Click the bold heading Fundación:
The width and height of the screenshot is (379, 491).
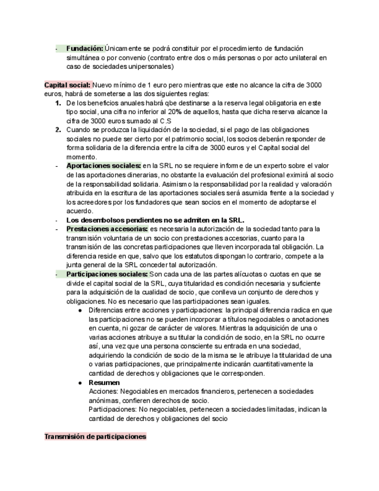[84, 49]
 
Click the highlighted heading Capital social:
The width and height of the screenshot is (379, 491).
[67, 85]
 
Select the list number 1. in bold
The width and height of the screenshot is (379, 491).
[58, 103]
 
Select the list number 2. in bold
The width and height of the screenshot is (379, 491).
[58, 130]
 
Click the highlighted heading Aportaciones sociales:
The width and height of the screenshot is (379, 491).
[104, 166]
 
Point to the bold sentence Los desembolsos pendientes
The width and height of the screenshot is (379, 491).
[155, 220]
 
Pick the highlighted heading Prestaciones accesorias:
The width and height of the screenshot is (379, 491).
[107, 229]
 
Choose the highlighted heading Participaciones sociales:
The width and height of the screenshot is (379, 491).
[107, 274]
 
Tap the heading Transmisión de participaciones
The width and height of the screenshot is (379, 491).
[95, 437]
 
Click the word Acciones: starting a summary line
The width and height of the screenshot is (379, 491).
[102, 391]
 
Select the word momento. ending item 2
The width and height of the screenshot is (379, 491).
[82, 157]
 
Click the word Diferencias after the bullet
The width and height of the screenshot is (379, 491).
[109, 310]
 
